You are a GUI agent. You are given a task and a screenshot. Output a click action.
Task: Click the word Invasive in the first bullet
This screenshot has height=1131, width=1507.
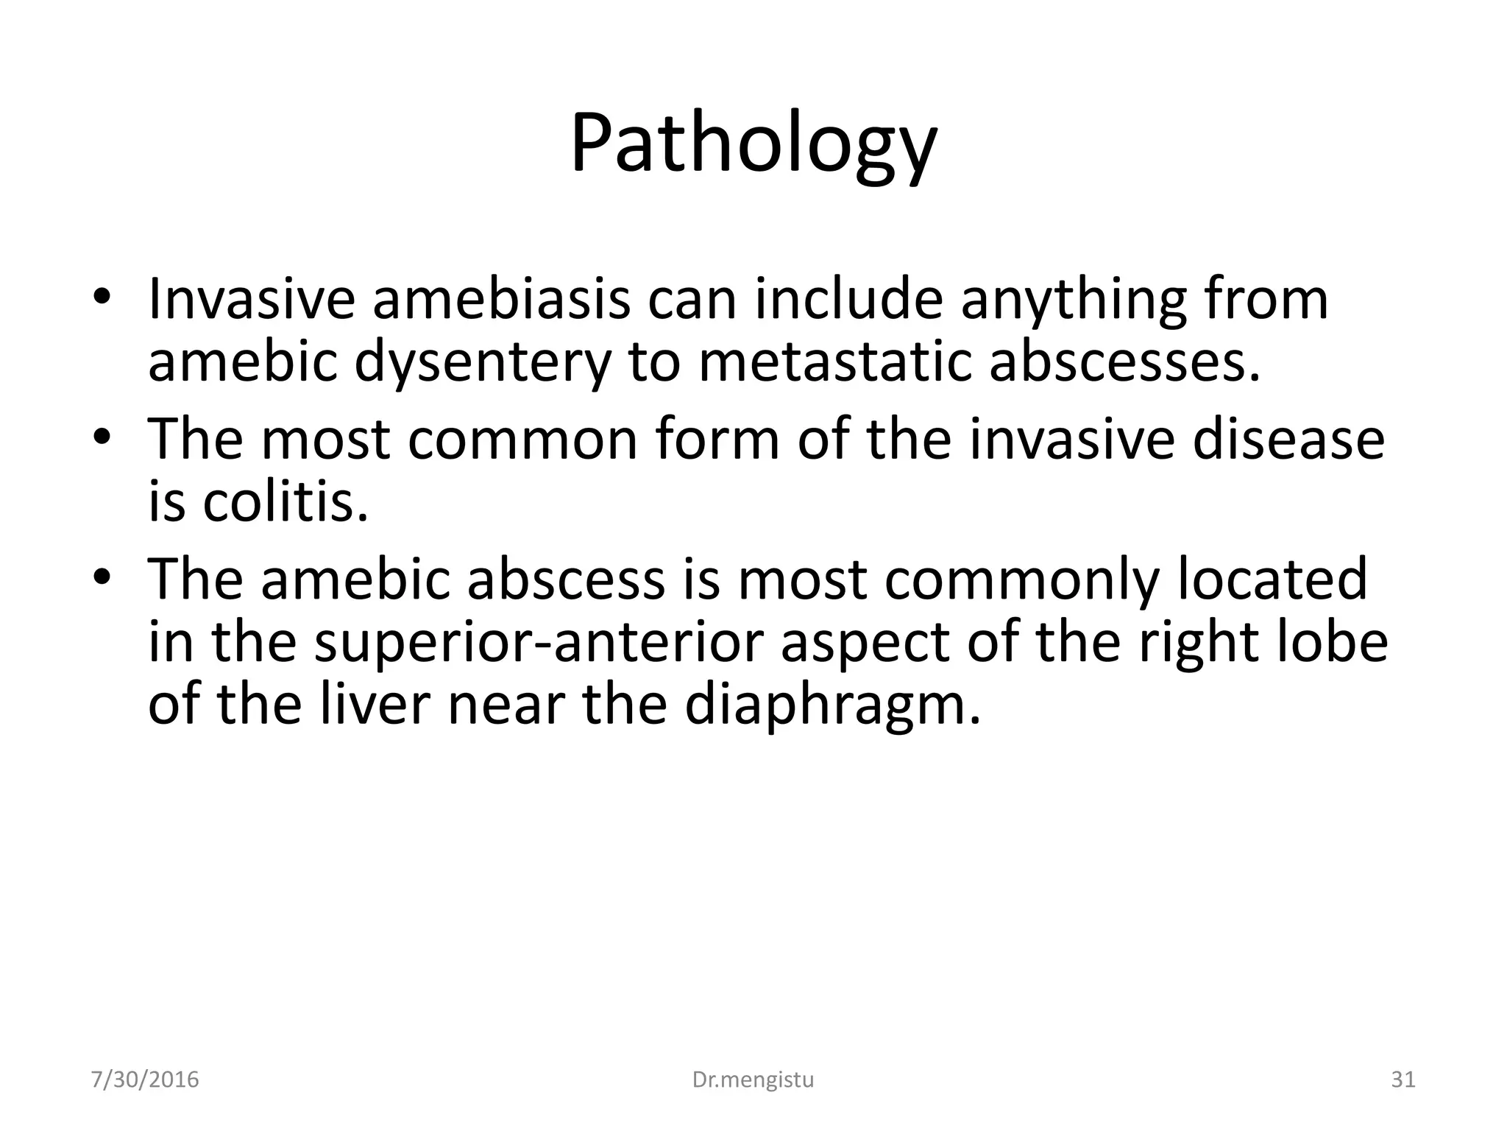[x=251, y=300]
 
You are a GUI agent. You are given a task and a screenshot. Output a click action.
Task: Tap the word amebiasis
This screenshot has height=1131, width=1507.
[x=501, y=300]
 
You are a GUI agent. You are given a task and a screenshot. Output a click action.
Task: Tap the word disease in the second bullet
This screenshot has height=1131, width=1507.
[x=1288, y=440]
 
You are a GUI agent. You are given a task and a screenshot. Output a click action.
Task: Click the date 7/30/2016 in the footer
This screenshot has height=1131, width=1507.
[x=145, y=1079]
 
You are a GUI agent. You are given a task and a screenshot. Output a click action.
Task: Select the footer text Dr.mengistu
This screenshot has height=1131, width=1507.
[x=753, y=1079]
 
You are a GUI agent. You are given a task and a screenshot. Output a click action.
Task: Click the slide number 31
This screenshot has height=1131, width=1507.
[x=1403, y=1079]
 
